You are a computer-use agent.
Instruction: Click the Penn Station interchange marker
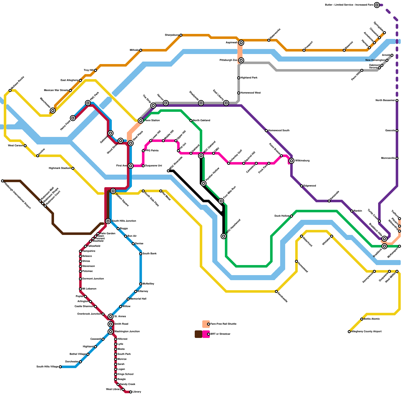141,121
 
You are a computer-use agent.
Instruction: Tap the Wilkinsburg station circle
291,161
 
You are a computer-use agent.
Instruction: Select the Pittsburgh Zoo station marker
241,60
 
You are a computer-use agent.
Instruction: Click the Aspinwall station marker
241,43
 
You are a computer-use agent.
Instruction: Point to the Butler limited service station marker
377,5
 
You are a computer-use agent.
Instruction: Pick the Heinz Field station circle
73,118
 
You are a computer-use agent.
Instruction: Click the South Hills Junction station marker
108,221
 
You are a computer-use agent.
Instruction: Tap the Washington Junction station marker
111,332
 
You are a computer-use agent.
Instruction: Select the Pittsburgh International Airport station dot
3,181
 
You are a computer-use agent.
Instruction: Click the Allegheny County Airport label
366,332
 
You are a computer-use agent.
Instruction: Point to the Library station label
137,392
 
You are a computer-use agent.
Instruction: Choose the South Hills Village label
47,367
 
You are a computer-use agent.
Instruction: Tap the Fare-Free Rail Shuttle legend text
223,324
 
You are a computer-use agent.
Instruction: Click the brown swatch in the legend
198,334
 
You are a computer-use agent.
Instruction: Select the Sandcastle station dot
276,291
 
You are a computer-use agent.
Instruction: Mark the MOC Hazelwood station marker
224,236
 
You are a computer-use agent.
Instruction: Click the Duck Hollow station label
282,216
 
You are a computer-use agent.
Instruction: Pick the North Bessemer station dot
397,100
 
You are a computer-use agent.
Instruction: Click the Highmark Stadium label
60,168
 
